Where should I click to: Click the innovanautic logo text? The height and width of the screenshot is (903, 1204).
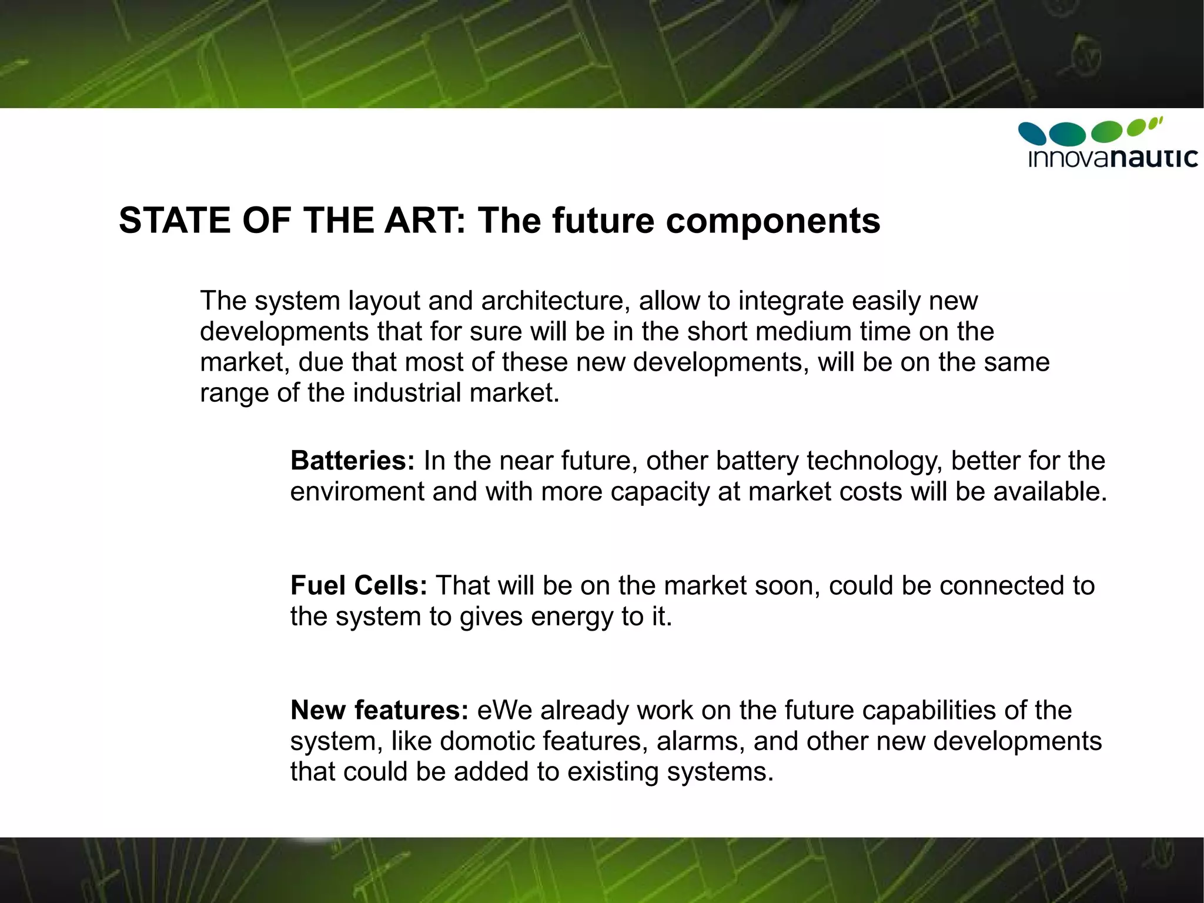[x=1112, y=158]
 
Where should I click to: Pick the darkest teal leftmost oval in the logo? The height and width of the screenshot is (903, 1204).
[x=1032, y=133]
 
